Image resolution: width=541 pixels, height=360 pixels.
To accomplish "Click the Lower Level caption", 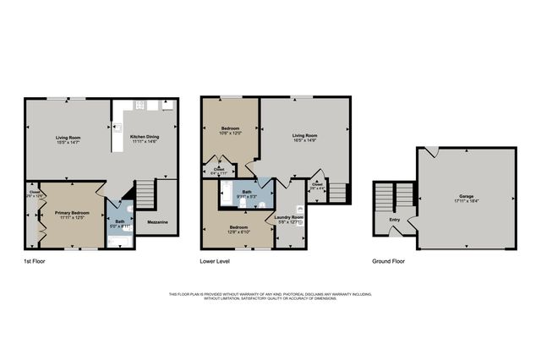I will tap(216, 261).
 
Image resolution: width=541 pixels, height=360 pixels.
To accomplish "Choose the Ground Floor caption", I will tap(389, 261).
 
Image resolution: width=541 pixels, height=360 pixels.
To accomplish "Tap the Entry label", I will tap(394, 221).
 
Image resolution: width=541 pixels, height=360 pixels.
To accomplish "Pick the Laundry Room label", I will tap(290, 217).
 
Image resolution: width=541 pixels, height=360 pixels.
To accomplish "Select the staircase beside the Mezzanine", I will tap(145, 195).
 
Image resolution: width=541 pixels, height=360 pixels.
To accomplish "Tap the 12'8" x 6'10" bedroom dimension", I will tap(239, 232).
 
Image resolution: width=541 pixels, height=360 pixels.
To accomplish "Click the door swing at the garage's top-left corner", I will tap(431, 152).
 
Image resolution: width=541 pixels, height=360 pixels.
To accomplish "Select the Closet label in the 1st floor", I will tap(35, 193).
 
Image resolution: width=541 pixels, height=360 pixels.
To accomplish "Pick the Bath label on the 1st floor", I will tap(120, 222).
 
